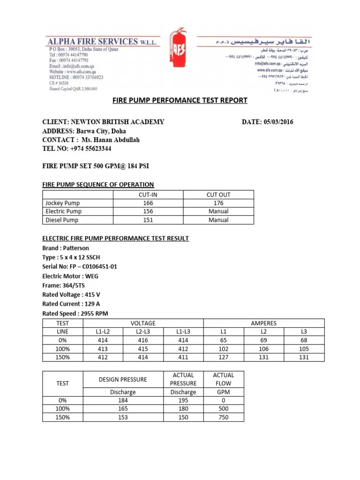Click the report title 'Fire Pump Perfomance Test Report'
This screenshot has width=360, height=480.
(x=180, y=100)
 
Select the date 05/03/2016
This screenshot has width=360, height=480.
(x=268, y=122)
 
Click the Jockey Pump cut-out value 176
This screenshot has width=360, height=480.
(x=218, y=203)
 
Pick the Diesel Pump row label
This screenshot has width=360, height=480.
(x=62, y=220)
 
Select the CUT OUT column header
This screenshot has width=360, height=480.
(x=218, y=195)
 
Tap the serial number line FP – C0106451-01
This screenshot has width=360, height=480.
(x=80, y=267)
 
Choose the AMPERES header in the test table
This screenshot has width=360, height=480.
(x=263, y=323)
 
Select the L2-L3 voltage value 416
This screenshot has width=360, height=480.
(x=142, y=340)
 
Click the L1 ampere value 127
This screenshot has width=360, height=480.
(x=223, y=357)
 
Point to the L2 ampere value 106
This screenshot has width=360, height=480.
(x=263, y=349)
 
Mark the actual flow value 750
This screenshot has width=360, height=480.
(x=224, y=417)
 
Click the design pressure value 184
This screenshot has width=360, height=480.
(x=122, y=400)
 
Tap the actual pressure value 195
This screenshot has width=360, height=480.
(x=183, y=400)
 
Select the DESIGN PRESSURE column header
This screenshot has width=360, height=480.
(x=122, y=379)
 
